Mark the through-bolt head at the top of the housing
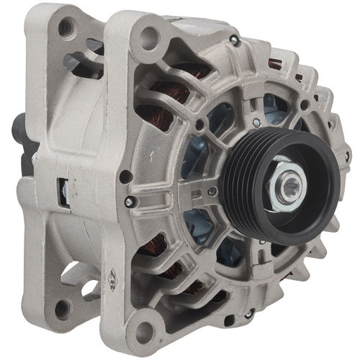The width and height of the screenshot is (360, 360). [x=234, y=41]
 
